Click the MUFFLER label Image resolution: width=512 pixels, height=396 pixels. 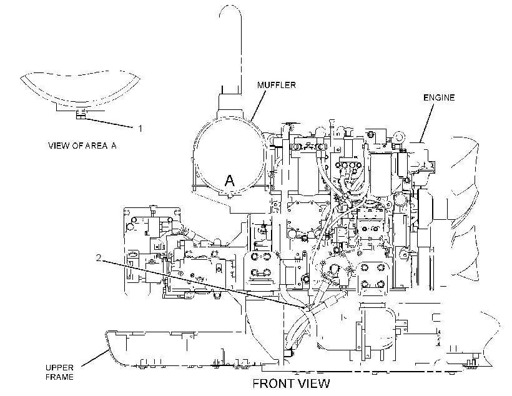276,85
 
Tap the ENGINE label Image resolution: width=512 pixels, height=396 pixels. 439,97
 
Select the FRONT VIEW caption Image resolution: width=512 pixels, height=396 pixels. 291,384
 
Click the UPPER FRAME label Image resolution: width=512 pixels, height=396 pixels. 59,372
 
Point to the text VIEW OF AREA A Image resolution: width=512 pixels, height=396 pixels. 82,146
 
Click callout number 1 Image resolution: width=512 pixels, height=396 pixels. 140,129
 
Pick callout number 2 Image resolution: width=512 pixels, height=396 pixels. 99,258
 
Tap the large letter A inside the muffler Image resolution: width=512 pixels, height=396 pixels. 230,181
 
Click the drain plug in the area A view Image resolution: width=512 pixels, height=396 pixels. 81,115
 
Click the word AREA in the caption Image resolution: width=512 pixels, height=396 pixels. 97,146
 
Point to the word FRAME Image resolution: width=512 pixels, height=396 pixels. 59,377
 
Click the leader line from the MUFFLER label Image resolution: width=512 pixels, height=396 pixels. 258,106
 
